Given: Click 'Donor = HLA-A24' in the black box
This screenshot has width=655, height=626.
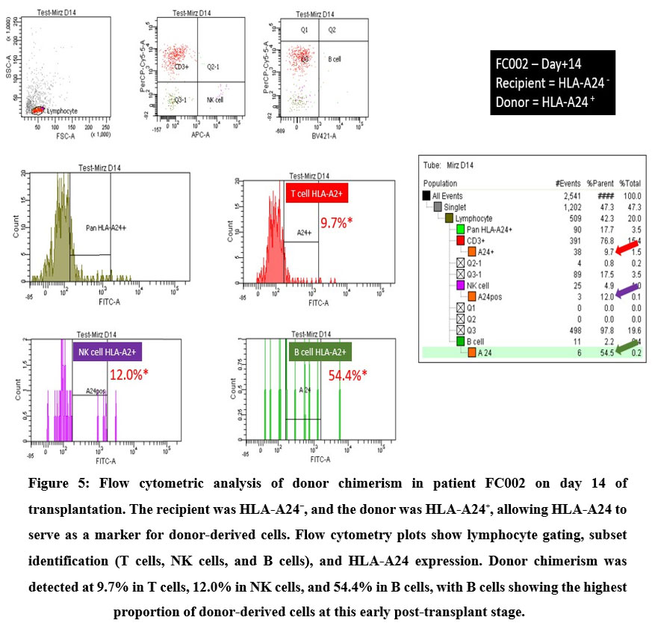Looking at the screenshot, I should pos(550,100).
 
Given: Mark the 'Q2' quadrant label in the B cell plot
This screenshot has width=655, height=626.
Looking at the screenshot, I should pos(332,30).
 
